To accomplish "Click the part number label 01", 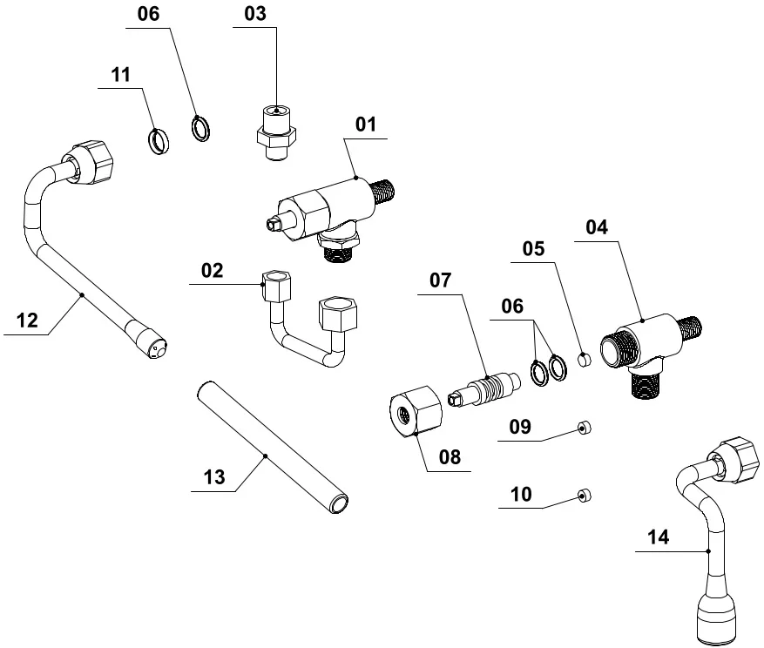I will tap(366, 125).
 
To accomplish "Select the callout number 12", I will tap(27, 321).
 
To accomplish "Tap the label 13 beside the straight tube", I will tap(214, 477).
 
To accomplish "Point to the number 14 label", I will tap(659, 537).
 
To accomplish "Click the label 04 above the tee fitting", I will tap(597, 227).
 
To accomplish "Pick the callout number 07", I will tap(441, 280).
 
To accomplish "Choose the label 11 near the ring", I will tap(120, 75).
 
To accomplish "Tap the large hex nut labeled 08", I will tap(415, 409).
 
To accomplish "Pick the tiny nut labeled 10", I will tap(584, 496).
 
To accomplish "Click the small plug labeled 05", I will tap(585, 358).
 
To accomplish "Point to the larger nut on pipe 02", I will tap(337, 314).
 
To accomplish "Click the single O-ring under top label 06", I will tap(201, 129).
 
